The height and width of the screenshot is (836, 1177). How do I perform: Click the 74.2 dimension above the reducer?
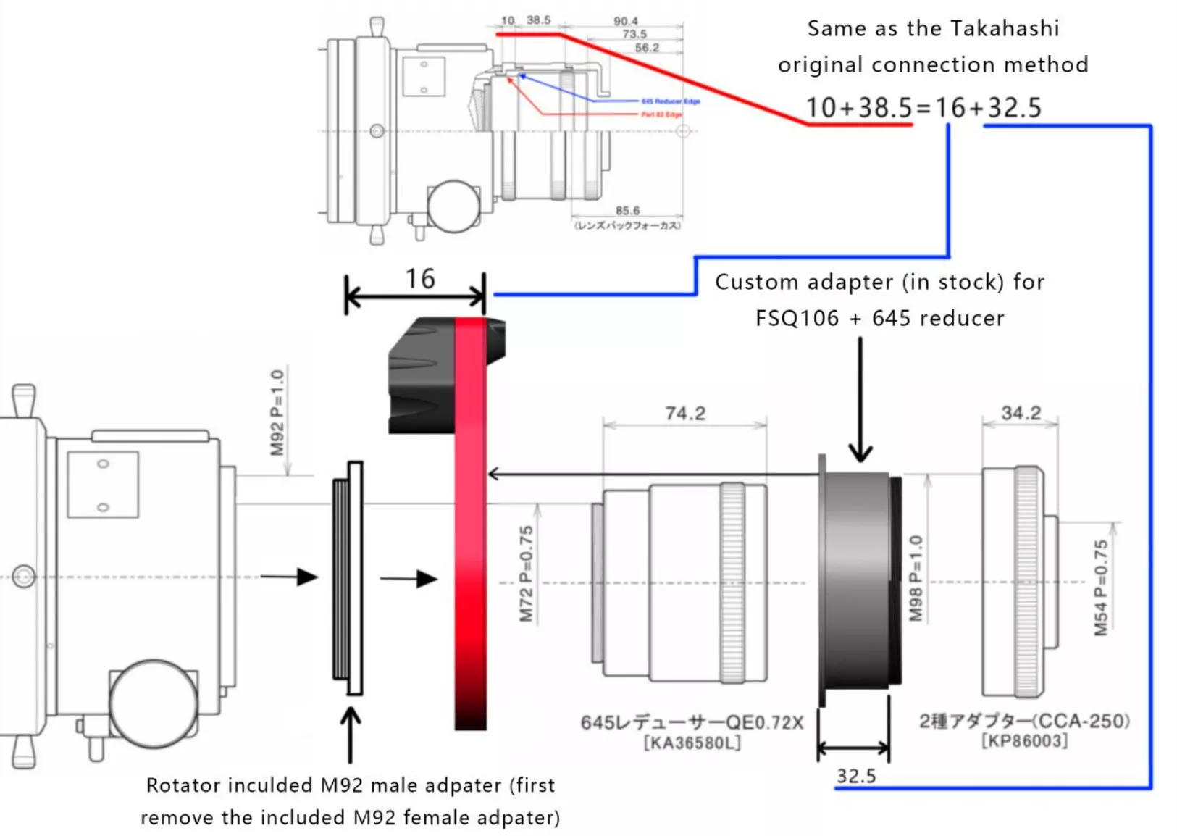684,413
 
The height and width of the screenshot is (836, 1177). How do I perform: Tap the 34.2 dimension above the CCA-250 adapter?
1021,413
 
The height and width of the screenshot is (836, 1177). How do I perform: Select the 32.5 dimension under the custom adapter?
856,776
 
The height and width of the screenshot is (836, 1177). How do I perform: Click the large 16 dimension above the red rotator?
419,279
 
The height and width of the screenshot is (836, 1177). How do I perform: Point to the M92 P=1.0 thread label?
277,413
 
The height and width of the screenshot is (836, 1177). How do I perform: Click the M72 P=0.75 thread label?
527,574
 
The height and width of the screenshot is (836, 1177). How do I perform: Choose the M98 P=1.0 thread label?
916,578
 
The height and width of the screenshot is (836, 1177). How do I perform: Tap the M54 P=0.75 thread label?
1101,588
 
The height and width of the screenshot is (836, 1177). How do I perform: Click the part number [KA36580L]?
692,743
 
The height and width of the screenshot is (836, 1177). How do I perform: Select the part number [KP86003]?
1024,741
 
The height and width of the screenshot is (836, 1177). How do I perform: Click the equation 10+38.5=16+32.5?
923,108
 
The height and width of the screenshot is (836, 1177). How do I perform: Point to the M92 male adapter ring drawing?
348,578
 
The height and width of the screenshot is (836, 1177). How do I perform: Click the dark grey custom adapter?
858,580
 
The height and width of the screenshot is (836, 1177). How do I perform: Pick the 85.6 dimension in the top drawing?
627,211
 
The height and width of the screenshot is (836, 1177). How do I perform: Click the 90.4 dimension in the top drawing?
626,21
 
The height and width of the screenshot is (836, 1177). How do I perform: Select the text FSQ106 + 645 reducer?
879,318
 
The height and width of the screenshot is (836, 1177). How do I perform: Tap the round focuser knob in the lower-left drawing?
153,703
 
